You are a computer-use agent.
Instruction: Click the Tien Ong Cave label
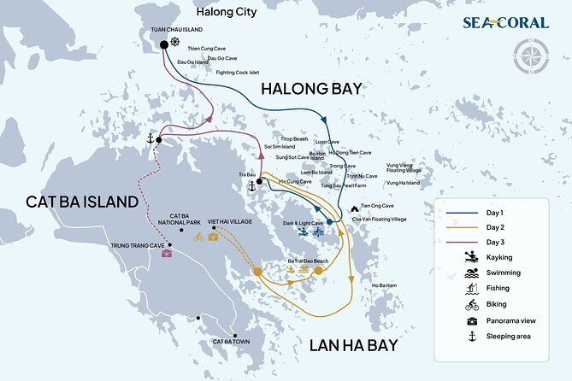pyautogui.click(x=377, y=206)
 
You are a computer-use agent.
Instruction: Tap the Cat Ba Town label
pyautogui.click(x=230, y=341)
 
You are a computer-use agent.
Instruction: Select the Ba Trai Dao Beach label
pyautogui.click(x=307, y=260)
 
